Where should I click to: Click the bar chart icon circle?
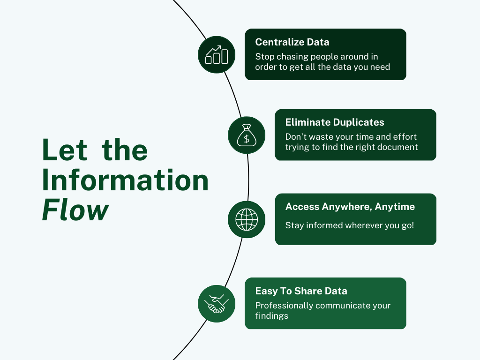pos(217,55)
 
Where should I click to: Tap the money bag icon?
pos(247,135)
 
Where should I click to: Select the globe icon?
pos(247,219)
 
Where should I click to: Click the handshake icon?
pos(217,304)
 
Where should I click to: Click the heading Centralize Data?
pos(292,42)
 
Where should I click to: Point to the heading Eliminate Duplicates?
pos(335,122)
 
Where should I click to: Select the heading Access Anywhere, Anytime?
pos(350,207)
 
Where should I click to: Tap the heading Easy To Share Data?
pos(301,291)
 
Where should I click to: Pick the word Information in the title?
pos(125,180)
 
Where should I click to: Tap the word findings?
pos(272,316)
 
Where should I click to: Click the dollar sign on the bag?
pos(247,139)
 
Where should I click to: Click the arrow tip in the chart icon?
pos(220,46)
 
